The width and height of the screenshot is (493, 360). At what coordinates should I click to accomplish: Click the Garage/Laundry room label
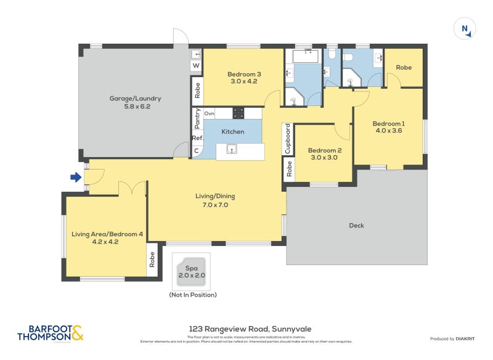pyautogui.click(x=135, y=102)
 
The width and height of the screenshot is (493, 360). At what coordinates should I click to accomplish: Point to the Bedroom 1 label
pyautogui.click(x=387, y=126)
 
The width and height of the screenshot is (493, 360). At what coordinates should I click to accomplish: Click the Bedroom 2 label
pyautogui.click(x=324, y=153)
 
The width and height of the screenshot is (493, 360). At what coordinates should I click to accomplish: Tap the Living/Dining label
pyautogui.click(x=216, y=200)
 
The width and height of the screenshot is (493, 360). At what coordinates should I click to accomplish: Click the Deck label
pyautogui.click(x=356, y=225)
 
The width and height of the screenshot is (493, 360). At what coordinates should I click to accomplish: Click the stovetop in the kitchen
pyautogui.click(x=238, y=113)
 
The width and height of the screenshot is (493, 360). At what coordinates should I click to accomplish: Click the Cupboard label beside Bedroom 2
pyautogui.click(x=287, y=139)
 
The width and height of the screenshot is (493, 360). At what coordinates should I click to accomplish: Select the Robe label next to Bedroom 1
pyautogui.click(x=404, y=67)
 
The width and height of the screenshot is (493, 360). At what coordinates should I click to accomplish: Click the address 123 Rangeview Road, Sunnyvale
pyautogui.click(x=246, y=330)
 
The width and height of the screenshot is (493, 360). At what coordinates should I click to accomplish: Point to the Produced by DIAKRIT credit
pyautogui.click(x=455, y=339)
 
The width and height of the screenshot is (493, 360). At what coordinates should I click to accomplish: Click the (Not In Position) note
pyautogui.click(x=193, y=295)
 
